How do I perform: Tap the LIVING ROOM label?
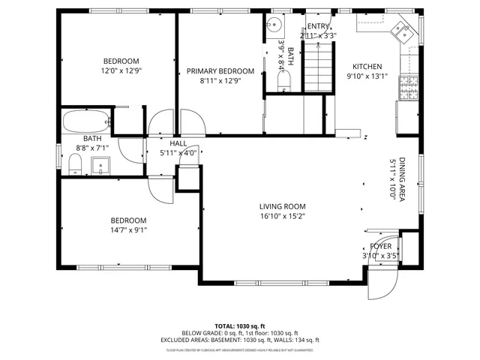coord(283,206)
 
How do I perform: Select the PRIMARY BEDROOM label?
coord(220,71)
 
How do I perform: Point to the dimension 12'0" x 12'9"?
coord(121,70)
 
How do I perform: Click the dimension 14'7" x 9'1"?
coord(128,230)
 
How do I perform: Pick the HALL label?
coord(178,142)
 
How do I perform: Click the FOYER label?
coord(380,246)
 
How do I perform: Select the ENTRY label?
coord(318,26)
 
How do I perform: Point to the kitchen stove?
coord(408,89)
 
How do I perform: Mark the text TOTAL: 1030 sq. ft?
coord(240,326)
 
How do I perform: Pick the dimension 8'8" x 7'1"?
coord(93,148)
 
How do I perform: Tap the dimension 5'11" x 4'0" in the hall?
coord(178,152)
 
